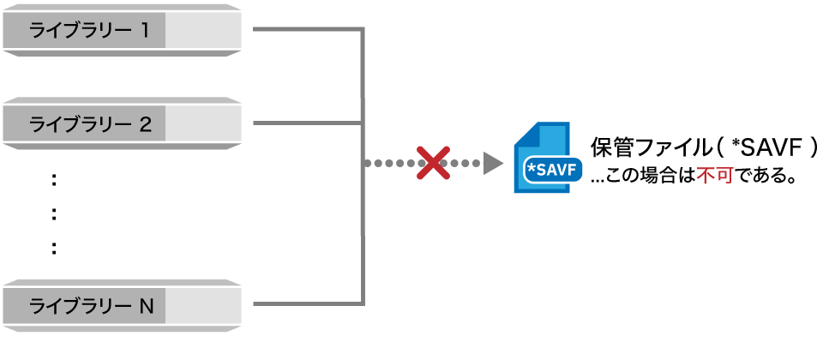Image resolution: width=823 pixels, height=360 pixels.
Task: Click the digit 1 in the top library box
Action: (x=145, y=31)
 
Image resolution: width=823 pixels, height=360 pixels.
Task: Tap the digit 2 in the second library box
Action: (x=145, y=124)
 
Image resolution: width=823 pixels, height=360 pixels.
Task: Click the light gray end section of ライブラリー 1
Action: (x=203, y=31)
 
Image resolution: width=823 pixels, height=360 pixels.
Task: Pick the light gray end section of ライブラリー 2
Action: (x=203, y=124)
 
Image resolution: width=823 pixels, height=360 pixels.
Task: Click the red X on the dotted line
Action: (x=434, y=163)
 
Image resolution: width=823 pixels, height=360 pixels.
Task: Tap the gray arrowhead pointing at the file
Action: (x=492, y=163)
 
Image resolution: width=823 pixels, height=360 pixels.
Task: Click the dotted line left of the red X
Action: (x=390, y=163)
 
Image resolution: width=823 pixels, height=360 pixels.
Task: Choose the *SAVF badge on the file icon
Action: (x=554, y=170)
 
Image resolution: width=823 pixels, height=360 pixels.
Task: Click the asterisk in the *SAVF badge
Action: (x=531, y=168)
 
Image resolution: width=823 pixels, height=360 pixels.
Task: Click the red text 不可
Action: (x=714, y=177)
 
